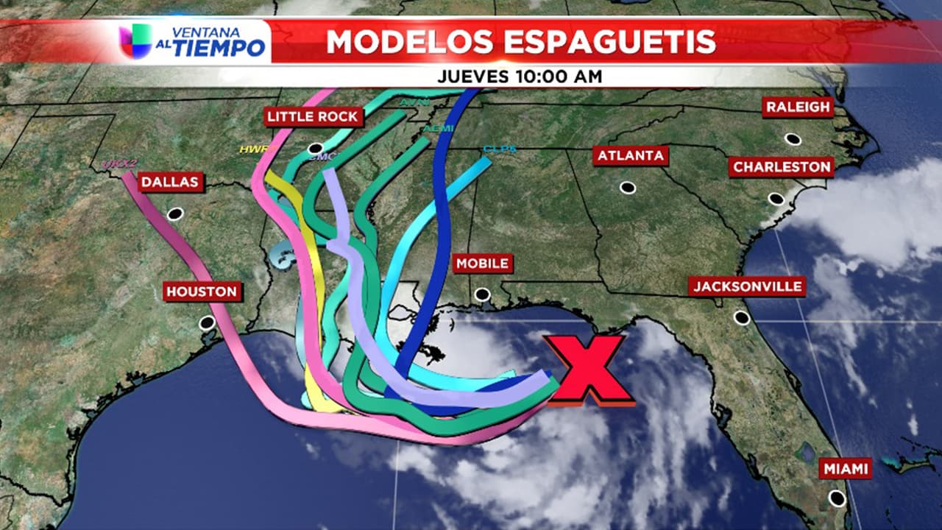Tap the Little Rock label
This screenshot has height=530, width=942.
(x=313, y=117)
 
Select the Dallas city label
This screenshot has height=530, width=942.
(x=171, y=182)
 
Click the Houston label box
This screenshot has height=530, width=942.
(x=202, y=291)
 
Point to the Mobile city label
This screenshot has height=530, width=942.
(x=482, y=263)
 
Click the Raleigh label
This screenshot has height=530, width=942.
(x=798, y=107)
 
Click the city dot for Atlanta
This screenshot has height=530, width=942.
(x=627, y=188)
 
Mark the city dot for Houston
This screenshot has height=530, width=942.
(x=207, y=323)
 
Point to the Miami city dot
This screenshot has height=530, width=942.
(x=837, y=498)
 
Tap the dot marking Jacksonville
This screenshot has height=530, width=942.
(x=742, y=317)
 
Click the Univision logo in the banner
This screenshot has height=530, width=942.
(x=135, y=41)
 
